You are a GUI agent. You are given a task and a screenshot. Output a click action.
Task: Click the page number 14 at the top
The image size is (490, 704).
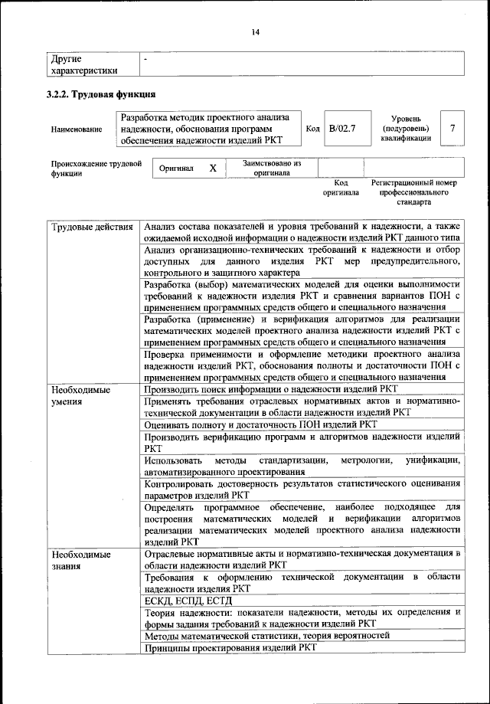click(255, 31)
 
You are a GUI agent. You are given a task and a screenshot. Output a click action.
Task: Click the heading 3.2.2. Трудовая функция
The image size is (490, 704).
click(103, 95)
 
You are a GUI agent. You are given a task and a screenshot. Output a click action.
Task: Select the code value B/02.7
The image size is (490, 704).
click(341, 128)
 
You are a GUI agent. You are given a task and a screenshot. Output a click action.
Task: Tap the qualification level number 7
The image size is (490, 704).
click(453, 128)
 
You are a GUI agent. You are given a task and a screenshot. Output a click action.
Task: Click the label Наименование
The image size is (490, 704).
click(77, 129)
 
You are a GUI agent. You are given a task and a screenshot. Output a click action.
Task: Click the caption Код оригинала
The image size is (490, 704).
click(341, 188)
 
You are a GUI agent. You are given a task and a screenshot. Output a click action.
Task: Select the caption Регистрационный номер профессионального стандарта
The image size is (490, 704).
click(413, 193)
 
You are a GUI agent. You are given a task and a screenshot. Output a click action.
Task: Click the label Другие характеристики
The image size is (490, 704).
click(84, 64)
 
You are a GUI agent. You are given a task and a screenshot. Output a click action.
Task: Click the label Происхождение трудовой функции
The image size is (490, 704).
click(96, 169)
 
